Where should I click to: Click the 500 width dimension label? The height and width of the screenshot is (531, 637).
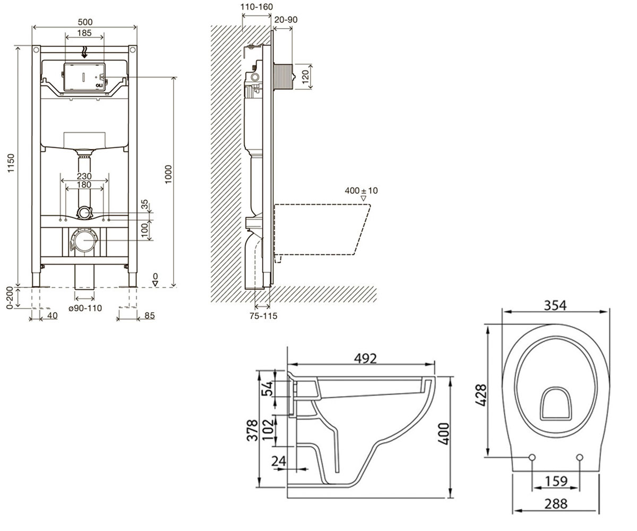coord(85,22)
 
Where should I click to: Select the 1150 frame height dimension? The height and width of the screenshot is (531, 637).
coord(11,163)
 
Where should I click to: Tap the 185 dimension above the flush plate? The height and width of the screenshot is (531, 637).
coord(84,32)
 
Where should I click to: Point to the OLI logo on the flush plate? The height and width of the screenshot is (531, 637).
coord(99,85)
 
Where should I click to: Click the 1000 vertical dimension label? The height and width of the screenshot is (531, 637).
coord(168,174)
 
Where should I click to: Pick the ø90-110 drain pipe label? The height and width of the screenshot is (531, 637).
coord(85,308)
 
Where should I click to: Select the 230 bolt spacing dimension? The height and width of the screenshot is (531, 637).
coord(84,176)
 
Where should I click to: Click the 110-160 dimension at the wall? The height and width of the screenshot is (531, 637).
coord(256,7)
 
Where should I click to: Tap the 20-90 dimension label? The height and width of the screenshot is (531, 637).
coord(286,20)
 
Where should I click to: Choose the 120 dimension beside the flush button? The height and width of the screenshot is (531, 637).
coord(305,76)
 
